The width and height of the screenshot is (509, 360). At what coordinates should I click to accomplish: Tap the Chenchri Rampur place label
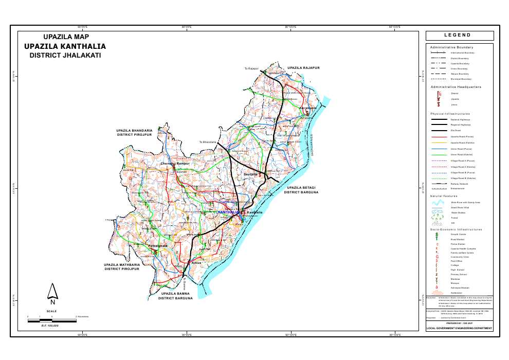tap(175, 164)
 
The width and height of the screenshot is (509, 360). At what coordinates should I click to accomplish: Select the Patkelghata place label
tap(158, 247)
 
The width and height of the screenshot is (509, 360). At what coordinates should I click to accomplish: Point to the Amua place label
tap(195, 263)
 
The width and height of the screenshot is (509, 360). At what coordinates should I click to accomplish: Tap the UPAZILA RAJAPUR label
tap(303, 68)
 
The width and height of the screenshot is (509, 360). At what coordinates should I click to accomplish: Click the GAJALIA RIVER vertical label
tap(311, 147)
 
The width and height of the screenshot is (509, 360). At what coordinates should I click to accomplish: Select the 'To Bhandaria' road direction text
tap(209, 142)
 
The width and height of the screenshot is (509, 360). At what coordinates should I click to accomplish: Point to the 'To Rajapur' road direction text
tap(251, 68)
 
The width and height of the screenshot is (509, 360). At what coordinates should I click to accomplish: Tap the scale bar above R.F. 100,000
tap(51, 320)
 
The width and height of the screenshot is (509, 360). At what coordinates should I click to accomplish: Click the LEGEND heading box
tap(459, 35)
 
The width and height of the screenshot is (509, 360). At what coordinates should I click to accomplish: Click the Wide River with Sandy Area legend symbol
tap(438, 203)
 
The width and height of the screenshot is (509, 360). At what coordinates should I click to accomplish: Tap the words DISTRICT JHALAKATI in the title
tap(65, 55)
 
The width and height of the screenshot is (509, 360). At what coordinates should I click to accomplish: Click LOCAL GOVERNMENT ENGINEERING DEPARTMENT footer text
tap(459, 328)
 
